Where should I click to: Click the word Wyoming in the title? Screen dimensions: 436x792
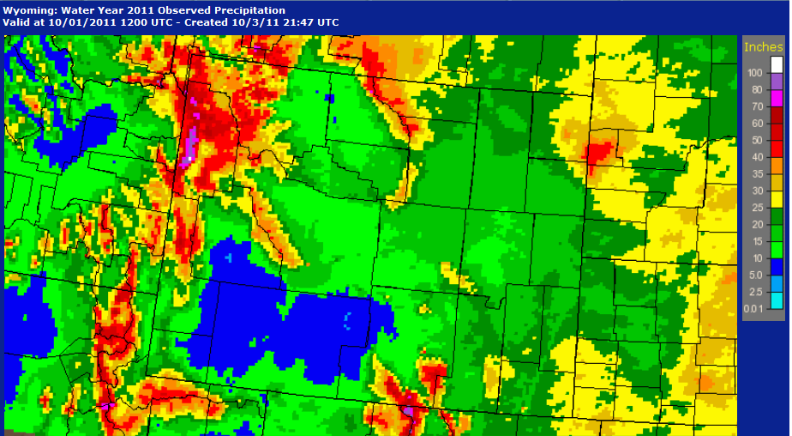pos(28,9)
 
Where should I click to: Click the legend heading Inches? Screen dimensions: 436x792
pos(764,46)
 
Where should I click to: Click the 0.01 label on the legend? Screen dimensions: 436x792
pos(753,309)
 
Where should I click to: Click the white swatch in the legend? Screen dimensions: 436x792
pos(777,64)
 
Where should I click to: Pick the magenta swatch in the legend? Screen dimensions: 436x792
pos(777,98)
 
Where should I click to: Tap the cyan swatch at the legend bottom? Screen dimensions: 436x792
pos(777,300)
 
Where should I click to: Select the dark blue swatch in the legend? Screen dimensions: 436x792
pos(777,267)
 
